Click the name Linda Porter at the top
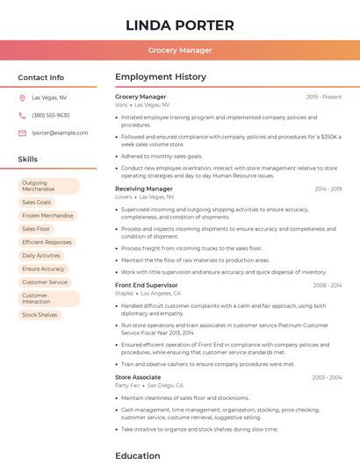(x=180, y=25)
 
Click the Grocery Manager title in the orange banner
(x=180, y=50)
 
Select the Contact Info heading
(x=40, y=77)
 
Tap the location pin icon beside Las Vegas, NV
(x=22, y=98)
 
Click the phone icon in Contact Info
(x=22, y=115)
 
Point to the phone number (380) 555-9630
(x=50, y=115)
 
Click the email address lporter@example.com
(x=60, y=132)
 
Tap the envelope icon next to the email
(x=22, y=132)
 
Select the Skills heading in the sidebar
(x=28, y=160)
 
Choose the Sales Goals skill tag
(x=37, y=202)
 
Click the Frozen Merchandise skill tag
(x=47, y=215)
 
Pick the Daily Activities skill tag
(x=41, y=255)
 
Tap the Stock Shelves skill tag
(x=40, y=314)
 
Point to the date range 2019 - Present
(x=324, y=97)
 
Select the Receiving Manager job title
(x=143, y=189)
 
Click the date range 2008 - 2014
(x=328, y=285)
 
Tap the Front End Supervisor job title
(x=146, y=285)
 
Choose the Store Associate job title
(x=138, y=377)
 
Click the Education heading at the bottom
(x=138, y=455)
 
